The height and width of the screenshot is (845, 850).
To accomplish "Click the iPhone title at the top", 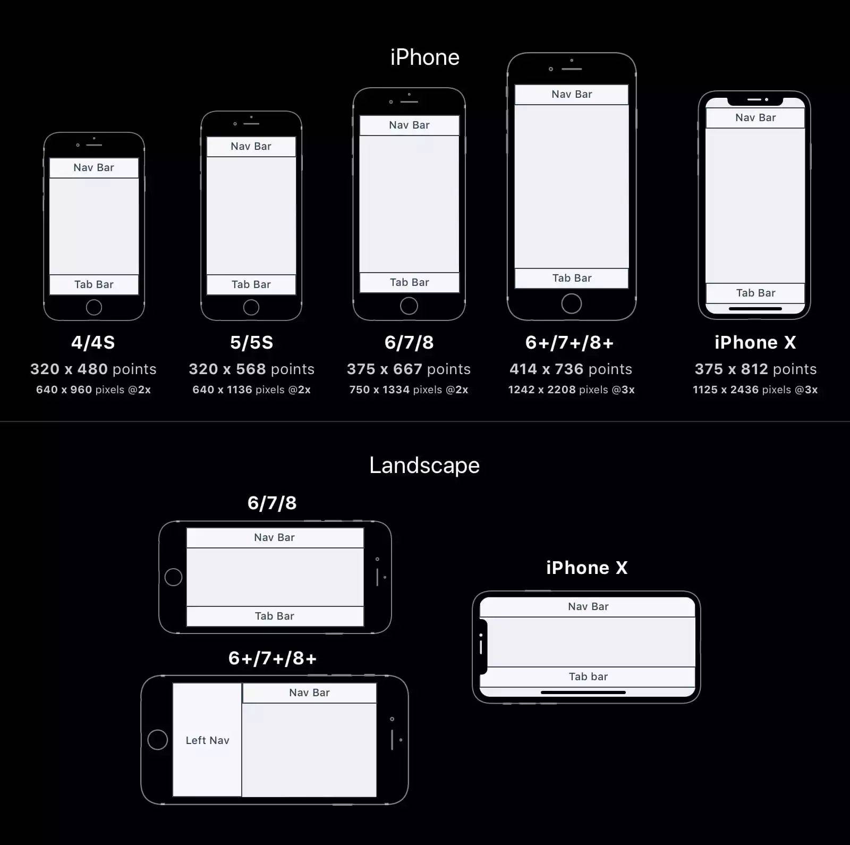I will pos(424,57).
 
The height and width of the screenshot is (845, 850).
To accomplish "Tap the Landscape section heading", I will pos(424,466).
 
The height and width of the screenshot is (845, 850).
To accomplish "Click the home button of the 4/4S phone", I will pos(94,307).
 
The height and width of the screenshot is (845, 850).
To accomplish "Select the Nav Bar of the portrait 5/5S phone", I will pos(251,146).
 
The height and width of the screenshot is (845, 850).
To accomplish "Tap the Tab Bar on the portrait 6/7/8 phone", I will pos(409,282).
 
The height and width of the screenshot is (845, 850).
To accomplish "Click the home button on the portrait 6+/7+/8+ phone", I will pos(572,303).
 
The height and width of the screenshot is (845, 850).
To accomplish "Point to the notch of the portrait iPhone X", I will pos(755,100).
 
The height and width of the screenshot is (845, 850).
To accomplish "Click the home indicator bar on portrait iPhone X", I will pos(755,308).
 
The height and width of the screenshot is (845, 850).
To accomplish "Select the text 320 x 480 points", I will pos(93,369).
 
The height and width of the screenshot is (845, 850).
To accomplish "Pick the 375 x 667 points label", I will pos(409,369).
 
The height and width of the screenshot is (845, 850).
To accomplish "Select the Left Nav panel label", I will pos(207,740).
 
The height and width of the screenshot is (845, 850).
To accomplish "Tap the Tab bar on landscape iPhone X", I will pos(588,677).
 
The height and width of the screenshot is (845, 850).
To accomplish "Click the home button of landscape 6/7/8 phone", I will pos(173,577).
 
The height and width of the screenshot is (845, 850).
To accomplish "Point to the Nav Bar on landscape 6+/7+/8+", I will pos(309,692).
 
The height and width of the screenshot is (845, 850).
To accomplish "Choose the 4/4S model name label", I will pos(93,342).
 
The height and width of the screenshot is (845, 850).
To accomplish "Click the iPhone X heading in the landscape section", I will pos(586,568).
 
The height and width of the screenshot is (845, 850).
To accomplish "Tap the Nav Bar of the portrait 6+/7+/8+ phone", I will pos(572,94).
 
